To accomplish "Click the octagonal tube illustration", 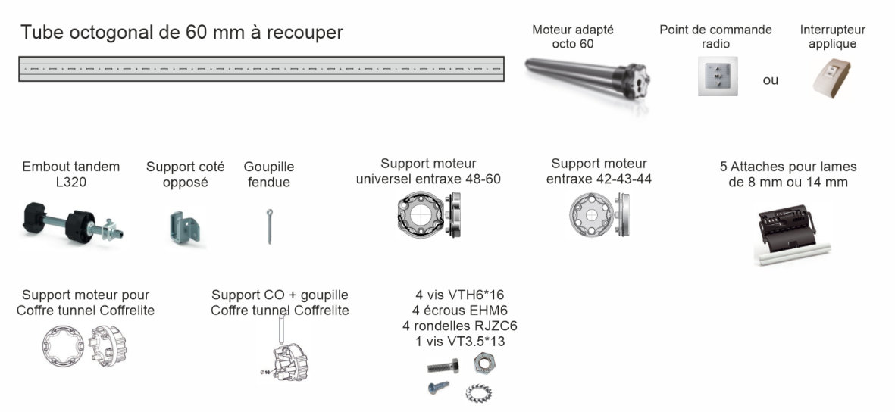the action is [x=261, y=68].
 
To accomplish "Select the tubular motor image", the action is [x=587, y=79].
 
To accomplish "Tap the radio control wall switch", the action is [x=717, y=76].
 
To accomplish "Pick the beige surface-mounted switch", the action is [x=831, y=77].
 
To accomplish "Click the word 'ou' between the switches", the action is [x=771, y=80].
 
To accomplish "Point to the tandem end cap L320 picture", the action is [x=73, y=223].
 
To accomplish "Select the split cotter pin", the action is [x=270, y=226].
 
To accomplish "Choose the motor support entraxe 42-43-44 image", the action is [x=599, y=215].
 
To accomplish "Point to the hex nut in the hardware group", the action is [x=484, y=362].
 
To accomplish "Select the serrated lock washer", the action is [x=477, y=392].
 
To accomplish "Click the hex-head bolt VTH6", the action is [x=443, y=365].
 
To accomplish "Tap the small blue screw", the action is [x=438, y=388].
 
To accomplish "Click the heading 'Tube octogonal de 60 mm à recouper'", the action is [x=182, y=32].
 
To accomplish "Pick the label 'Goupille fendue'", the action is [x=269, y=175].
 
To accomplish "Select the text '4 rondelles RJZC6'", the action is [x=459, y=326].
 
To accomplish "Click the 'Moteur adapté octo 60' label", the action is [x=572, y=36].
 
